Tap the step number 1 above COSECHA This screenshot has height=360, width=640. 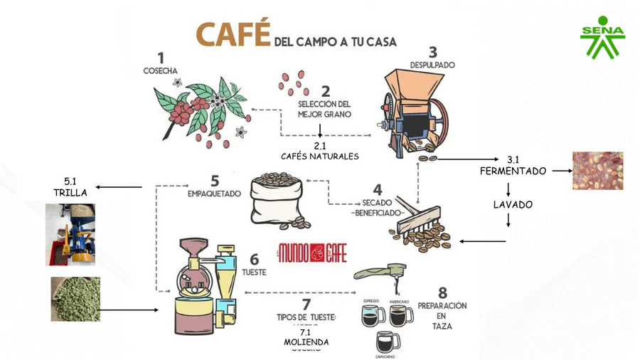(161, 58)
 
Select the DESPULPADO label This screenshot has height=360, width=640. (432, 65)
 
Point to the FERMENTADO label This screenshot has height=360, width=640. (513, 171)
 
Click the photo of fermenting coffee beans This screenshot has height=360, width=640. (597, 171)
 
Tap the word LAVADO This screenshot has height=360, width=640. (513, 205)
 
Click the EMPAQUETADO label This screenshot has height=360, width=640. (214, 193)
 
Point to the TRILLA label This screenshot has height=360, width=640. (70, 192)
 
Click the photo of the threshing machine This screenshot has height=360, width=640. (70, 235)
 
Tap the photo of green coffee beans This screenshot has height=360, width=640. (75, 300)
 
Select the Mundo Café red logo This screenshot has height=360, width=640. (312, 252)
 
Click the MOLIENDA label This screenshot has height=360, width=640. (306, 342)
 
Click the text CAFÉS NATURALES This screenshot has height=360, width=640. (320, 156)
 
